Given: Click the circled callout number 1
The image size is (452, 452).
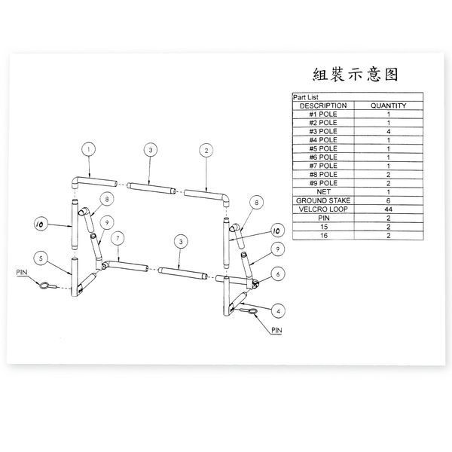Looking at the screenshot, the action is (x=88, y=149).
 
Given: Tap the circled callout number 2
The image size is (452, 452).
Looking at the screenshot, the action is (x=206, y=151).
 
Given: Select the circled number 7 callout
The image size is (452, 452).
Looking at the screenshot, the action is (x=118, y=238).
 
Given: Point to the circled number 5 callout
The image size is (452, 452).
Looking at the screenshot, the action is (x=41, y=258).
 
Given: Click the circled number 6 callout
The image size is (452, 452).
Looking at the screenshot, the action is (x=278, y=274).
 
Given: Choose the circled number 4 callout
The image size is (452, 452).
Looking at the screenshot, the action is (x=278, y=311).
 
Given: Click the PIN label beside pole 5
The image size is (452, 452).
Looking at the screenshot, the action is (x=22, y=273).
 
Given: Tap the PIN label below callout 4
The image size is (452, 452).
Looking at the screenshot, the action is (x=276, y=331).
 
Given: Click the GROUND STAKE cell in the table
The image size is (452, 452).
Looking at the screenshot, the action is (x=323, y=200).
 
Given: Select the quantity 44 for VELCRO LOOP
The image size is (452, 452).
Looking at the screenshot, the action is (x=388, y=209).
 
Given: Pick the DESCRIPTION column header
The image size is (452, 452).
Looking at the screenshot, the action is (x=323, y=105).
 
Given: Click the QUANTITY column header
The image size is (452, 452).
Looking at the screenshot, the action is (x=388, y=105).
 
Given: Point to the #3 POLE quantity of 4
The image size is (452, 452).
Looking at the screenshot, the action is (x=388, y=131).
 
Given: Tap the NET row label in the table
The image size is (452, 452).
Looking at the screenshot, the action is (x=323, y=191).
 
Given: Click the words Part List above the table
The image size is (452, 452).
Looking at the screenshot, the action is (x=306, y=97).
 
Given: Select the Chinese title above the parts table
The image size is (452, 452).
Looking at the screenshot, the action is (x=356, y=75).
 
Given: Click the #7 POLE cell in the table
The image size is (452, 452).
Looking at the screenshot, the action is (x=323, y=166).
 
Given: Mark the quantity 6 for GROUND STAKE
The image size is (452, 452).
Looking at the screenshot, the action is (x=388, y=200).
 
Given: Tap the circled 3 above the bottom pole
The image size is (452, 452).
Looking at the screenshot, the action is (x=181, y=242).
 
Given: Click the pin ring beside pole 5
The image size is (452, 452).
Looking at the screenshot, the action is (x=44, y=286).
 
